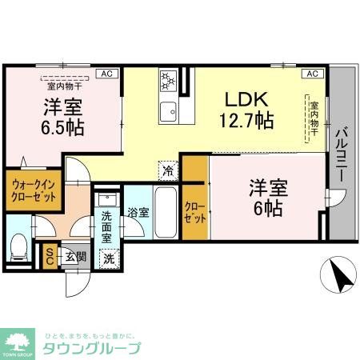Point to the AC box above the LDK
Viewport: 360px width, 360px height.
(313, 74)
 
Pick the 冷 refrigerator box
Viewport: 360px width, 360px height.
(169, 169)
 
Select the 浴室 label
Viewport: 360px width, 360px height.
(138, 213)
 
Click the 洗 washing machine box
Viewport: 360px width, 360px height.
(110, 258)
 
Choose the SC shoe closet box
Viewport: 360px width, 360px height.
(49, 255)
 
